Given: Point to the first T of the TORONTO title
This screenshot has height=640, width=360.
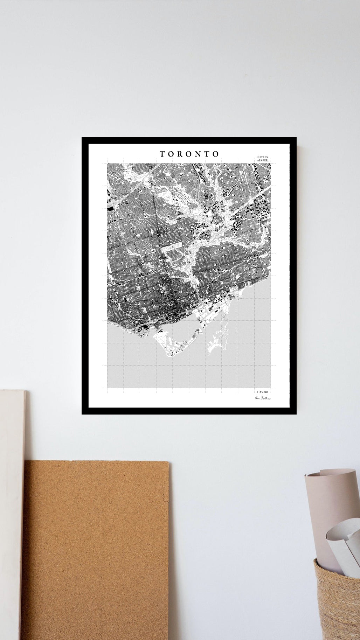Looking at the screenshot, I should (162, 154).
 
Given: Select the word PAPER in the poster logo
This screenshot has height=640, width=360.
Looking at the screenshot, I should (265, 161).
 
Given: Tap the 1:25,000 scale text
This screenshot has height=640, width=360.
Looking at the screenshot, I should (263, 392).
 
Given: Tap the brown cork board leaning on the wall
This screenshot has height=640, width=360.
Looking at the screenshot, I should (95, 550).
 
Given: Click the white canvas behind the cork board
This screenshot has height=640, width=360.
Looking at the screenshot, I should (12, 508).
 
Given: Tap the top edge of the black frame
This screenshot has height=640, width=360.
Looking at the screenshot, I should (189, 140).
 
